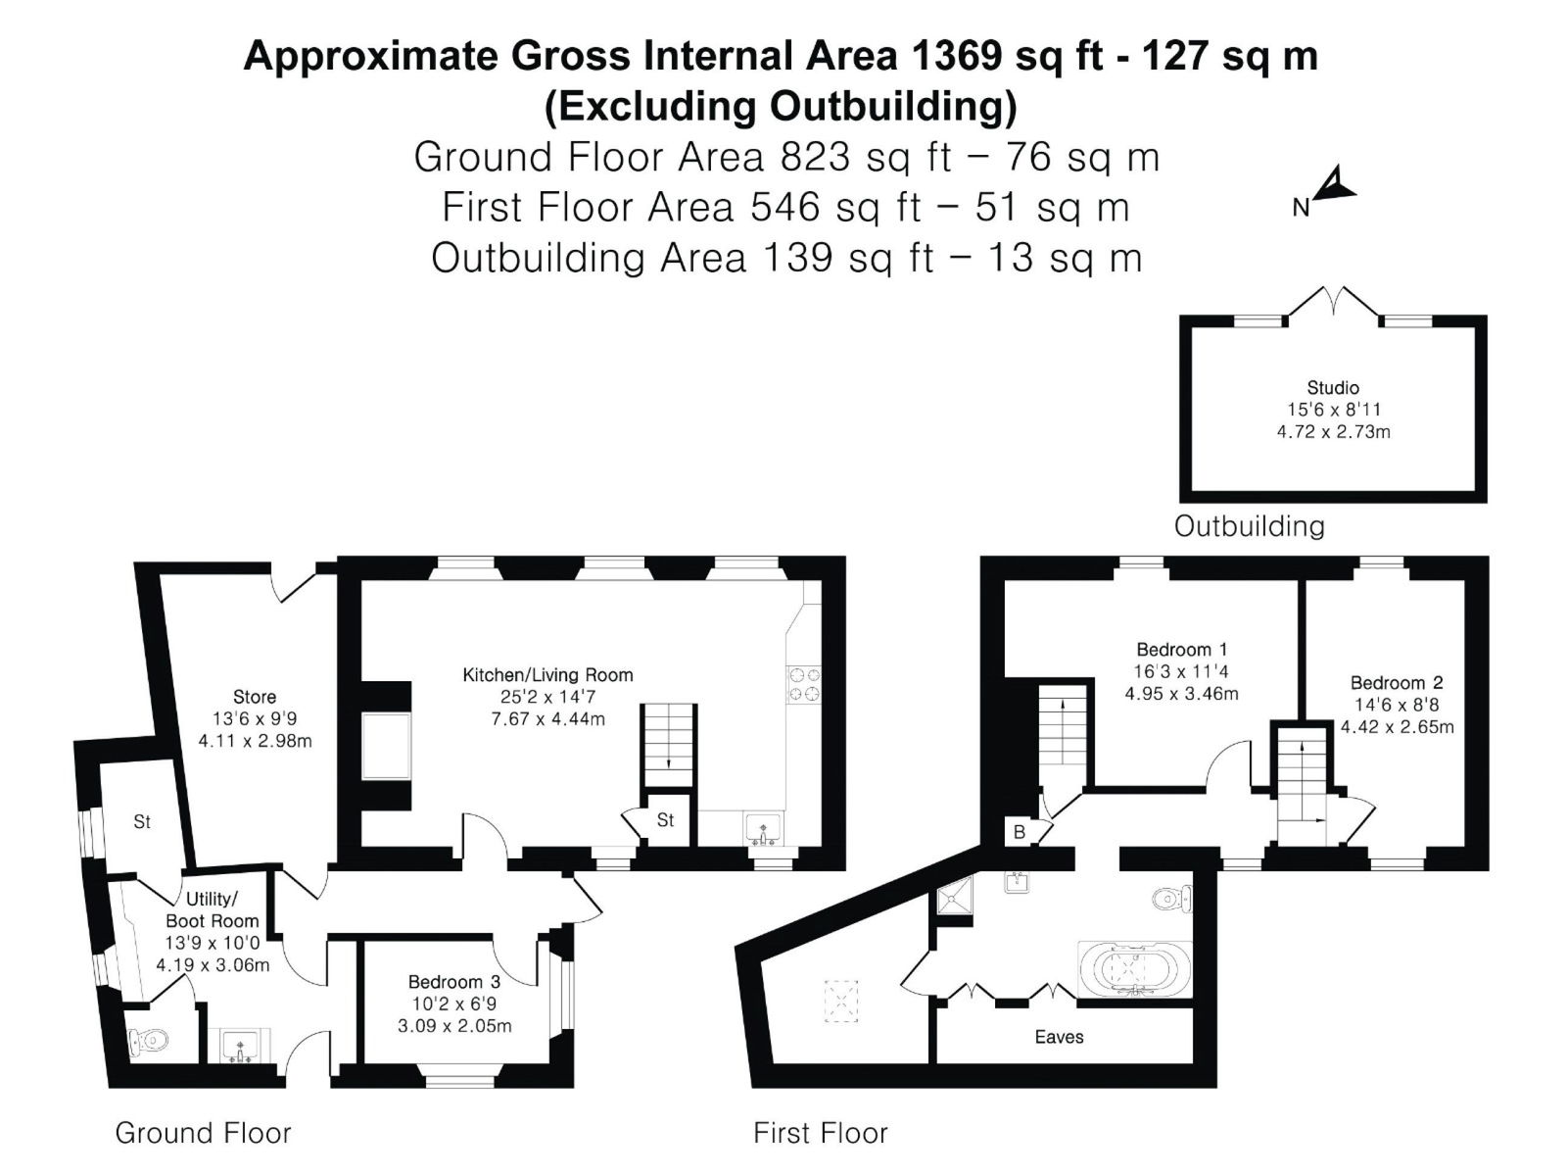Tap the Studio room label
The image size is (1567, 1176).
tap(1333, 388)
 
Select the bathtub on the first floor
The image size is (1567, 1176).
tap(1134, 969)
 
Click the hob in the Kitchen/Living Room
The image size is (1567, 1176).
tap(803, 684)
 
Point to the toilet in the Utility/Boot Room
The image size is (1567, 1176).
tap(149, 1042)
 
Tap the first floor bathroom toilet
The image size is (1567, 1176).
tap(1171, 899)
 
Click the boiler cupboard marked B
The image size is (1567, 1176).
tap(1020, 832)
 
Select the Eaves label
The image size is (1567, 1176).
tap(1059, 1037)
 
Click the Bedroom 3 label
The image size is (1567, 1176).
tap(454, 982)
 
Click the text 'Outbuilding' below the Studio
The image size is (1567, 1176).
tap(1250, 526)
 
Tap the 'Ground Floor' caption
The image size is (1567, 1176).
tap(204, 1133)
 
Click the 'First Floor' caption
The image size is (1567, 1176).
tap(821, 1133)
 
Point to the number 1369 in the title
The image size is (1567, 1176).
tap(957, 56)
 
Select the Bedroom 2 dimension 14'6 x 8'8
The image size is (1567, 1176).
tap(1398, 705)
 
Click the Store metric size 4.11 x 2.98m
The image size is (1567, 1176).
tap(255, 741)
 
